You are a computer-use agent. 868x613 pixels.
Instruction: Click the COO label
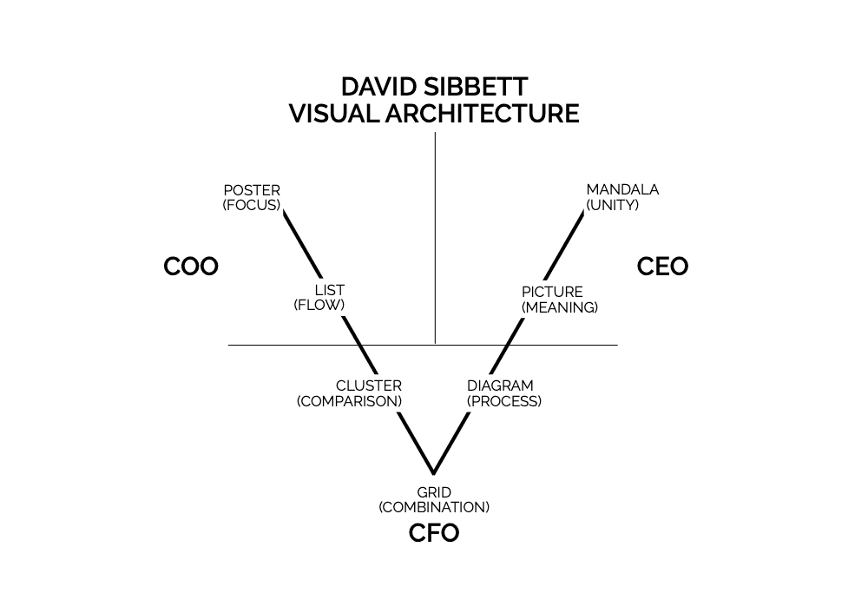[191, 267]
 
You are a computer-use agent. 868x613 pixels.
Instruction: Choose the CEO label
[662, 267]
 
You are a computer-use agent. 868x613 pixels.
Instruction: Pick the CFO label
[434, 533]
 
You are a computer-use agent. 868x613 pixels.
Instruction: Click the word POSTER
[252, 190]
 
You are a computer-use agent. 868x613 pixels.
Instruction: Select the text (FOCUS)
[252, 205]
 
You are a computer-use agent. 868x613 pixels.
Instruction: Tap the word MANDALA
[622, 190]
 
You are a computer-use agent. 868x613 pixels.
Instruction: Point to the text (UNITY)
[613, 205]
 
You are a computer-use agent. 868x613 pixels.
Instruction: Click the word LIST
[329, 290]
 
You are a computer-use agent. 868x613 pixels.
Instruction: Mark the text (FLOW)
[319, 305]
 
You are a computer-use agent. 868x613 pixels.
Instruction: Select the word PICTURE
[552, 293]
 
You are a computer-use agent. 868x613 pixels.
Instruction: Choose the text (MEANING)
[560, 307]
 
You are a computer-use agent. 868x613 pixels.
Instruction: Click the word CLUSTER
[369, 386]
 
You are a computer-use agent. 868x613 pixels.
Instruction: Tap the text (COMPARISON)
[350, 401]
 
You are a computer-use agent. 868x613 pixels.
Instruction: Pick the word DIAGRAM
[500, 386]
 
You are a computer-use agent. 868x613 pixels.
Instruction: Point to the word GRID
[434, 492]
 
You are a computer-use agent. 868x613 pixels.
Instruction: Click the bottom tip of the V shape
[433, 474]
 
